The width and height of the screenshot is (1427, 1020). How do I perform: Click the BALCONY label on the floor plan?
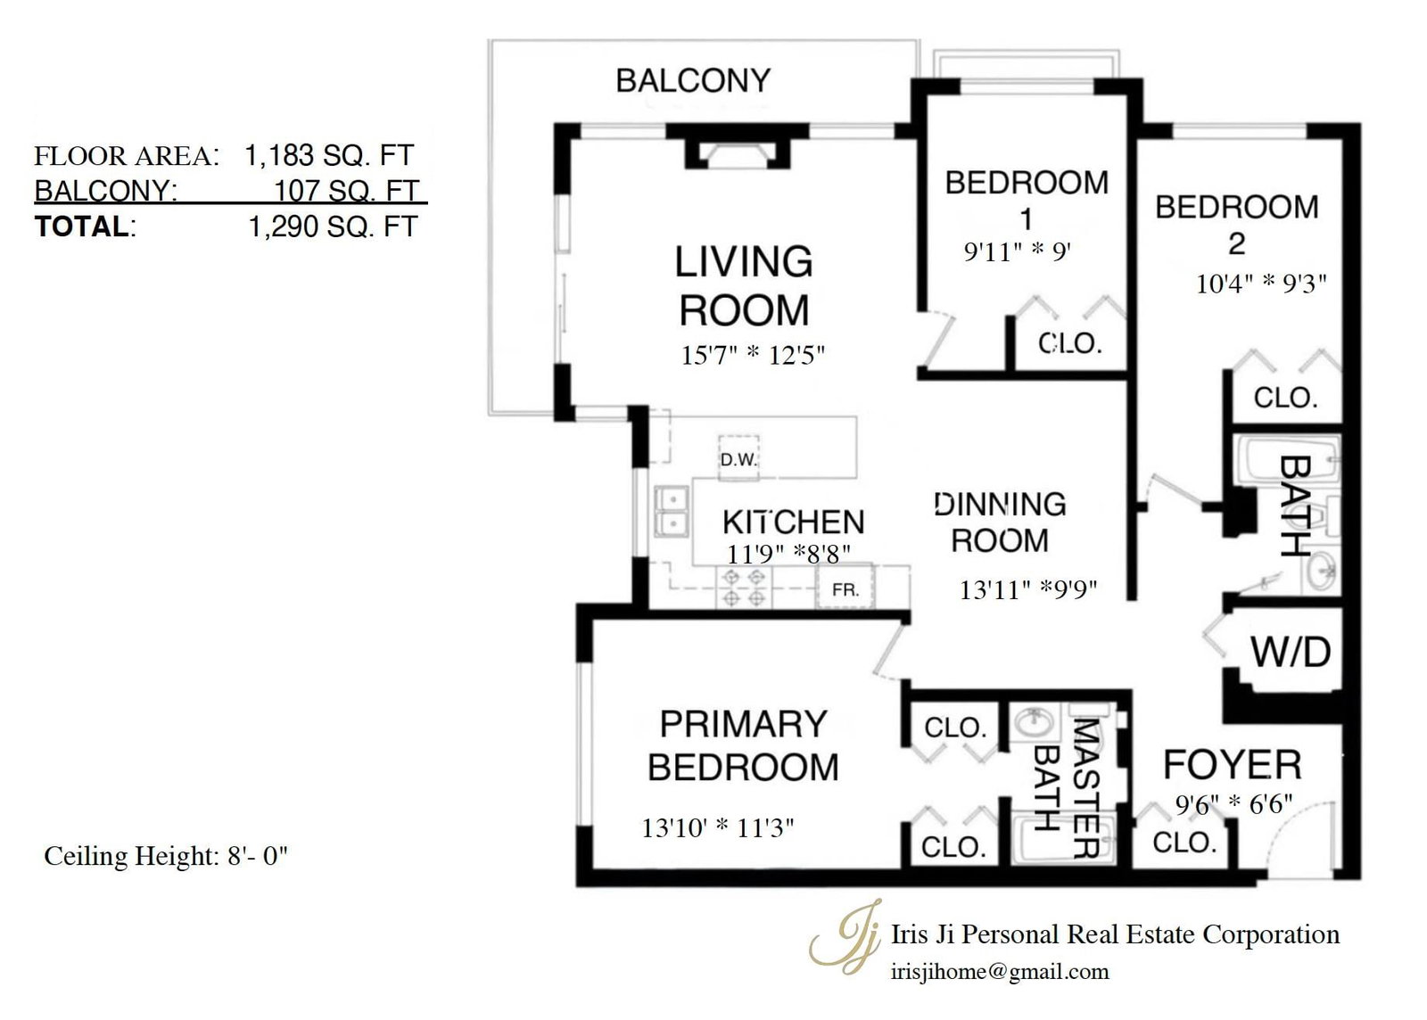[x=693, y=81]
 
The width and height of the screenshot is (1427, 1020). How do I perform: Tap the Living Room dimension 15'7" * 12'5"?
[x=753, y=355]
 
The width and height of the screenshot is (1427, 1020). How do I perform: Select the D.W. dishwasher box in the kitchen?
[x=739, y=456]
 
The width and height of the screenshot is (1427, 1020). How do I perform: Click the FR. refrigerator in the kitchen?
[x=845, y=587]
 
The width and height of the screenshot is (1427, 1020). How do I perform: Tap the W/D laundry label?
[x=1291, y=653]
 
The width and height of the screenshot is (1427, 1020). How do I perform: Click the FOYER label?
[x=1232, y=765]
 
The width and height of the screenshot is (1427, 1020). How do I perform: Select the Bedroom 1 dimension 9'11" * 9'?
[x=1017, y=252]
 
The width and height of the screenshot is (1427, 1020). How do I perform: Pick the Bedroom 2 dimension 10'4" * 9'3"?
[x=1261, y=284]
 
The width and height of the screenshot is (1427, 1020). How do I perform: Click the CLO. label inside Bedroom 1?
[x=1069, y=344]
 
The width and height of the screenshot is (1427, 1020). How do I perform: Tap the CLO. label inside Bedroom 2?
[x=1285, y=398]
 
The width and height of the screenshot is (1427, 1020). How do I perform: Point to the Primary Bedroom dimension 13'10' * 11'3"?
[x=717, y=827]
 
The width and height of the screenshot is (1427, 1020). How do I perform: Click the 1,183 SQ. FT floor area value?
[x=329, y=155]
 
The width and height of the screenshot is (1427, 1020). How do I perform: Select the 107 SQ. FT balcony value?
[x=347, y=191]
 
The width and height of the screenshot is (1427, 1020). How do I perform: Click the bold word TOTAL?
[x=82, y=226]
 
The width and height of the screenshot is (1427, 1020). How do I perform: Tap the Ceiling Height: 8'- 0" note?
[x=166, y=856]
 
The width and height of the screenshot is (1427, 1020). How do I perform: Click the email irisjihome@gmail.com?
[x=1000, y=972]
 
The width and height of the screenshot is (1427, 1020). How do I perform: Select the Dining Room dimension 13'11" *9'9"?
[x=1028, y=590]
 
